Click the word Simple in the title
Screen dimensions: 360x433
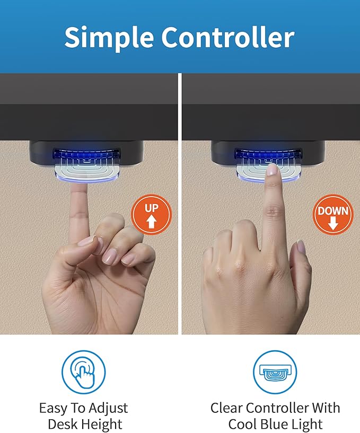pyautogui.click(x=109, y=38)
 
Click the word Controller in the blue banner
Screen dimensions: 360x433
pyautogui.click(x=228, y=37)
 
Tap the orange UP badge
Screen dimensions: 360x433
pyautogui.click(x=151, y=214)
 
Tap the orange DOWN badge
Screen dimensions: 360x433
pyautogui.click(x=333, y=214)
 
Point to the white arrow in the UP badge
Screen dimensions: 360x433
pyautogui.click(x=151, y=221)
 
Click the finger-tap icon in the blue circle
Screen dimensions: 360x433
pyautogui.click(x=83, y=372)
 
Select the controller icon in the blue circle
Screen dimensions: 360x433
pyautogui.click(x=275, y=372)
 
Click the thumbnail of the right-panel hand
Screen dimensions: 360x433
pyautogui.click(x=301, y=246)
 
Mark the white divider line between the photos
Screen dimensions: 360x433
pyautogui.click(x=180, y=204)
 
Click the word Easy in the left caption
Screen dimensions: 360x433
pyautogui.click(x=54, y=409)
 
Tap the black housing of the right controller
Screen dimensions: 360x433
pyautogui.click(x=268, y=153)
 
